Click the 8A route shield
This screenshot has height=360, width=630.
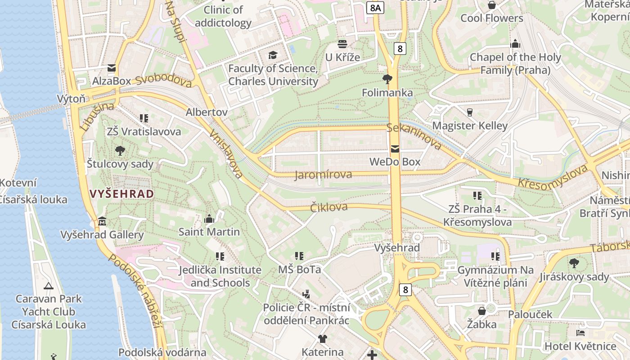(375, 8)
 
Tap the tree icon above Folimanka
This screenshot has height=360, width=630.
(387, 80)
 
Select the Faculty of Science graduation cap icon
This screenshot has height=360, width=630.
(273, 55)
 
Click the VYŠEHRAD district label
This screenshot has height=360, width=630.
(122, 194)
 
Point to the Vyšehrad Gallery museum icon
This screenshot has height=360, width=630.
(102, 221)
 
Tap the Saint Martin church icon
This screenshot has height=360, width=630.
(209, 219)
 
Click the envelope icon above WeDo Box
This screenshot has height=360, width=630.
(395, 148)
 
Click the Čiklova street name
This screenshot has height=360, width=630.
(329, 207)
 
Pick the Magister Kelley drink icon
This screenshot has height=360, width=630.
(470, 112)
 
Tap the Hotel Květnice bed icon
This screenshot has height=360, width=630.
(580, 333)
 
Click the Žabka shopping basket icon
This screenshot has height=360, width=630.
(481, 311)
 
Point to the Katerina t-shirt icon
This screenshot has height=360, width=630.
(322, 339)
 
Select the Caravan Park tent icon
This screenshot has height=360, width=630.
(49, 285)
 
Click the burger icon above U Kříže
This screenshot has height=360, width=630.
(342, 44)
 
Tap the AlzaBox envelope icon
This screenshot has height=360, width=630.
(111, 68)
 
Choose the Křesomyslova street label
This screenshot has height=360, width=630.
(553, 177)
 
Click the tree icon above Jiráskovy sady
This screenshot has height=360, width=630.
(574, 263)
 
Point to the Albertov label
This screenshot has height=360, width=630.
(207, 112)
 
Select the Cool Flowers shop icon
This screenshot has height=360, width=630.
(492, 5)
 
